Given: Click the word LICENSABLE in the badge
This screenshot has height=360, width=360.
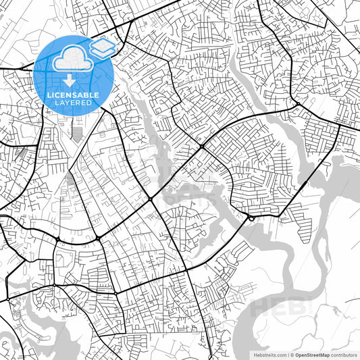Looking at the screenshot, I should click(x=72, y=95).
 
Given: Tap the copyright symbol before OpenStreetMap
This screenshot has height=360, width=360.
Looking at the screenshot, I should click(x=291, y=353).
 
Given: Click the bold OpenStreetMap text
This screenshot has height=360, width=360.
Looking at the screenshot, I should click(x=311, y=353).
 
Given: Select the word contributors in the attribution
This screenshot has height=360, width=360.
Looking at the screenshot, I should click(x=342, y=353).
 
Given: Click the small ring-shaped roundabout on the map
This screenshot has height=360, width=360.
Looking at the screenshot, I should click(x=251, y=218).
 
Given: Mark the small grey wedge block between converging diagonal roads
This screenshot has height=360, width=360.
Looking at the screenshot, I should click(x=72, y=178).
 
